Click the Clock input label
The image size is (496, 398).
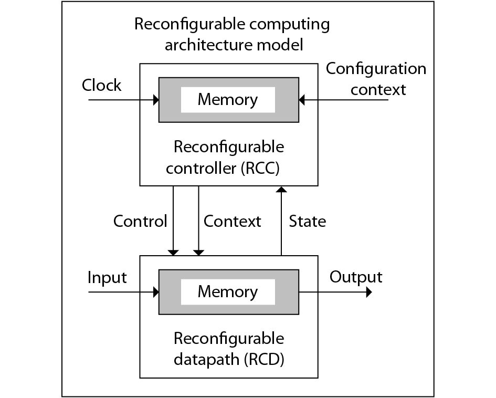(x=101, y=86)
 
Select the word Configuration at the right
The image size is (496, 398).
(x=376, y=69)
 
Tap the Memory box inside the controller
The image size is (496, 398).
(x=227, y=100)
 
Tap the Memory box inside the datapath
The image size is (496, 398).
(x=227, y=292)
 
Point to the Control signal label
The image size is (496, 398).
(x=140, y=221)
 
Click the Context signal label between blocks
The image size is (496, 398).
(x=232, y=221)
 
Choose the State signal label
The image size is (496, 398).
(x=307, y=221)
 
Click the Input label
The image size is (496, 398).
(x=107, y=277)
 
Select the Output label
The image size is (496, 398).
(x=356, y=277)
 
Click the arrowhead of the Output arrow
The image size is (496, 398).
(x=368, y=292)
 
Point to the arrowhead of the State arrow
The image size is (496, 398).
(x=281, y=190)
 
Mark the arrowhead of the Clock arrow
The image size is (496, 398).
(x=155, y=100)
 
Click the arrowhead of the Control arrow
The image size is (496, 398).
(x=173, y=252)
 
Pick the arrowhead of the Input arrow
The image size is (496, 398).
(x=155, y=292)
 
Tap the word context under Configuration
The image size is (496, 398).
(x=378, y=89)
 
